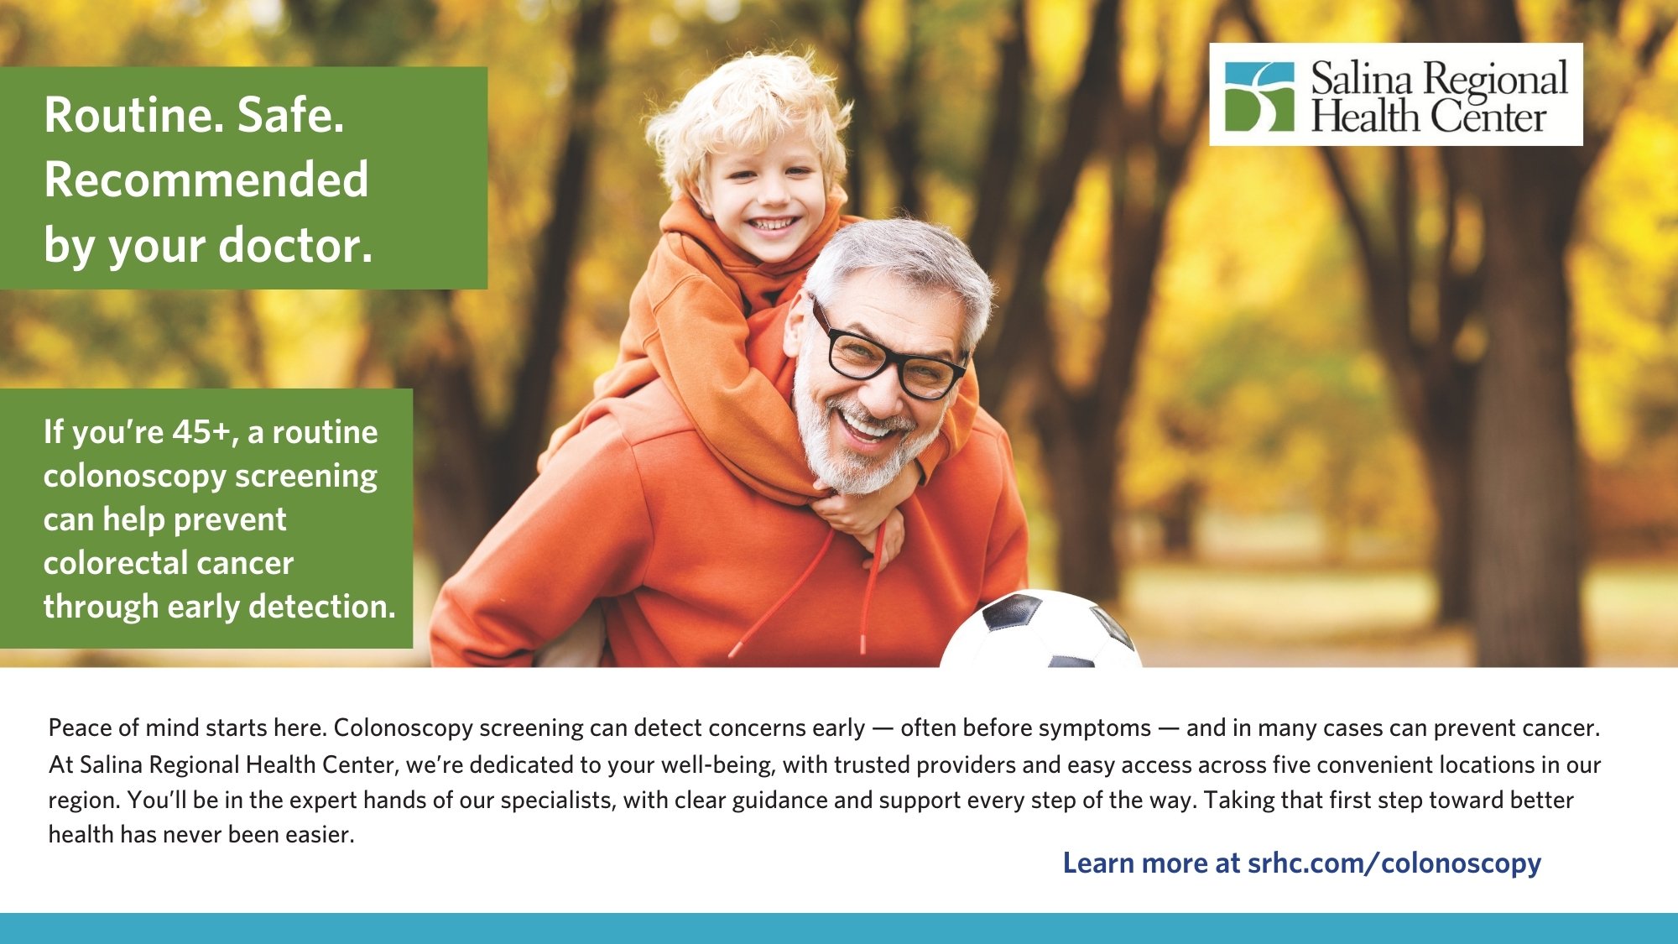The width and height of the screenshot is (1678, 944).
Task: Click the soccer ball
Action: point(1040,631)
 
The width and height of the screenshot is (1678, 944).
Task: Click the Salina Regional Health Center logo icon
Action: point(1258,96)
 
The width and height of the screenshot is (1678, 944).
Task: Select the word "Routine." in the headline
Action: point(134,115)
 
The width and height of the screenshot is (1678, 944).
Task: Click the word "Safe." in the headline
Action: point(290,115)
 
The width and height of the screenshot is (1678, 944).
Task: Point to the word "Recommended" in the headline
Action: point(206,180)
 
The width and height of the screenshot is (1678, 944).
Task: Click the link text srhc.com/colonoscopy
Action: point(1394,863)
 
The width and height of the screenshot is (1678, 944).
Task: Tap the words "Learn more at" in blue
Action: point(1151,863)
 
